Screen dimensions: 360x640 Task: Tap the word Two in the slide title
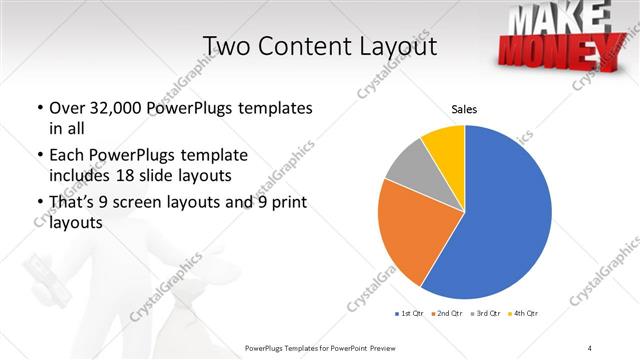(x=227, y=46)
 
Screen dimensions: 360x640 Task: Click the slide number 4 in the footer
(x=590, y=347)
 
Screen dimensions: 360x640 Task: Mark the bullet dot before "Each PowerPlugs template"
(x=38, y=156)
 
